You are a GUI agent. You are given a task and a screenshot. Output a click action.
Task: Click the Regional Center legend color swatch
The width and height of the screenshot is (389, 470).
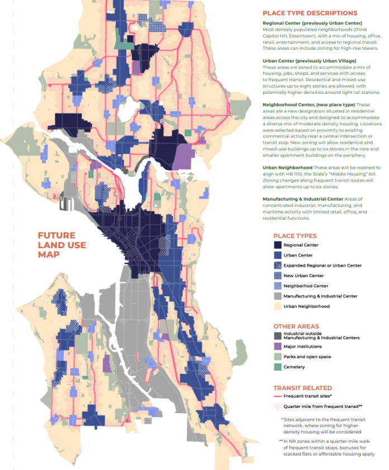(277, 245)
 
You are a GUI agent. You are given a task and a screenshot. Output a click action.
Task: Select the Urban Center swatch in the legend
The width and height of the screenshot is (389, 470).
(277, 255)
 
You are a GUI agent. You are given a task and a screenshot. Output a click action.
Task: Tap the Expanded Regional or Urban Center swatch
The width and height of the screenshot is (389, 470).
(277, 265)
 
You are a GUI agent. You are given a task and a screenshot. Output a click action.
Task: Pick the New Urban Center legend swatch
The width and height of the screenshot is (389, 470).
(277, 276)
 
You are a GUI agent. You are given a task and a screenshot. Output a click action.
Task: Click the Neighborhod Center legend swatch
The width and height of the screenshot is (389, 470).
(277, 286)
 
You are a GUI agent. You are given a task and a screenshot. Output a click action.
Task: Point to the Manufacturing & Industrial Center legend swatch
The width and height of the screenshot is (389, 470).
(277, 296)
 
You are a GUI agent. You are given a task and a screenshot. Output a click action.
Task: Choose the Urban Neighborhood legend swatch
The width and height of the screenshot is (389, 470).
(277, 306)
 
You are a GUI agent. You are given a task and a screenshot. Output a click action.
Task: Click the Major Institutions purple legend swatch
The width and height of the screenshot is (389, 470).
(277, 346)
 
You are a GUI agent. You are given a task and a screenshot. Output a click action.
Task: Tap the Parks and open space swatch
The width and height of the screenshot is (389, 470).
(277, 357)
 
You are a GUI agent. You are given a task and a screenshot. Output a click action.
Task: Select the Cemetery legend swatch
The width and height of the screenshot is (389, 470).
(277, 367)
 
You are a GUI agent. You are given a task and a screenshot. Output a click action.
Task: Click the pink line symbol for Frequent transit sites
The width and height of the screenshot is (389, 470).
(278, 396)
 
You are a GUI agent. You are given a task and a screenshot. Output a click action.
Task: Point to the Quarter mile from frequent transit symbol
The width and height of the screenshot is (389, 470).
(278, 406)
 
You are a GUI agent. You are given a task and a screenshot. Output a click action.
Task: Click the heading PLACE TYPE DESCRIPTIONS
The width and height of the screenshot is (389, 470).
(310, 13)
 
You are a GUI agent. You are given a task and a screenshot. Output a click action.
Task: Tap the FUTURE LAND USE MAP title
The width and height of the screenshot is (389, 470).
(56, 245)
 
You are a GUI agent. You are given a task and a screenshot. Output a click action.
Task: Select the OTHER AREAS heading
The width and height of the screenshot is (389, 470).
(296, 326)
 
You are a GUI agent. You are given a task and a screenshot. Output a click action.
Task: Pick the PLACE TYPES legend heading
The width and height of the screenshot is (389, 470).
(295, 236)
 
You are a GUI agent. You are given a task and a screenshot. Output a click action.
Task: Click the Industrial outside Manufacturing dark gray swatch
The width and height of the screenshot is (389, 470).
(277, 336)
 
